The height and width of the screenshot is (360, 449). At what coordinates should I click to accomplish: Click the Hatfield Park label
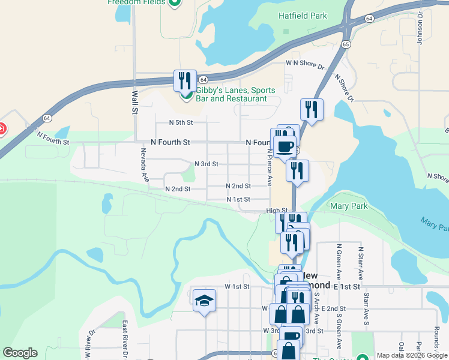coord(303,16)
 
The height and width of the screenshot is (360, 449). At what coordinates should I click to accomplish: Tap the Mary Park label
coord(349,206)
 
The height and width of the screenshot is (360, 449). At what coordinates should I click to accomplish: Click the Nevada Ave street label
coord(144,165)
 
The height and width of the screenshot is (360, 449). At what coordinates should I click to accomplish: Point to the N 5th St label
coord(181,122)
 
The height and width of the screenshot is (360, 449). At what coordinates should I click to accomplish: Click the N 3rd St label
coord(206,164)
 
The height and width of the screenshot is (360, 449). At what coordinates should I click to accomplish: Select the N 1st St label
coord(238,199)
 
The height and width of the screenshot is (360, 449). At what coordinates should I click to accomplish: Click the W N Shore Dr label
coord(305,62)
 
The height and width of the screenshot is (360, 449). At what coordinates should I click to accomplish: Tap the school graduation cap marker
coord(204,300)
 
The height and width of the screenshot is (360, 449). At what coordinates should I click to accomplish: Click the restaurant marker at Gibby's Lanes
coord(185,80)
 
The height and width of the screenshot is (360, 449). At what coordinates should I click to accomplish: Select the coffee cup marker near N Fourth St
coord(285,146)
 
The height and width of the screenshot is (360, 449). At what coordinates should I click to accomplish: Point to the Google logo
coord(20,353)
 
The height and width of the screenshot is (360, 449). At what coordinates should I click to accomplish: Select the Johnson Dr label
coord(420,28)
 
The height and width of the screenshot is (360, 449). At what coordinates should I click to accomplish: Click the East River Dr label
coord(125,340)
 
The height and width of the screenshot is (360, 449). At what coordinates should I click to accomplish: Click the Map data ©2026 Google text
coord(412,355)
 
